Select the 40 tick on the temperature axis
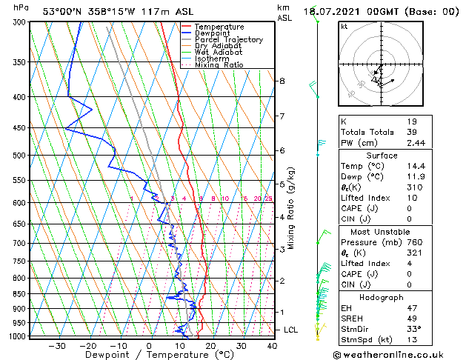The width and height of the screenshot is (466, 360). click(272, 345)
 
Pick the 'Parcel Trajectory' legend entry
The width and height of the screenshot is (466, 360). click(228, 39)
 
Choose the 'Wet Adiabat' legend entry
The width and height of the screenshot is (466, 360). click(218, 52)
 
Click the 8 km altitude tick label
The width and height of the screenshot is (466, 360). click(282, 81)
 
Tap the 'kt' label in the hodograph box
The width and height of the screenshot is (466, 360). click(344, 27)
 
